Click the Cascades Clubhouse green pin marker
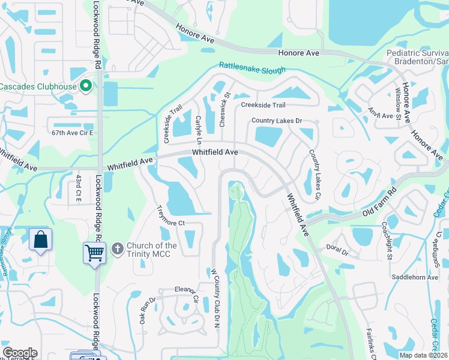[85, 86]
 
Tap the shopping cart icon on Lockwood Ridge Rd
[94, 252]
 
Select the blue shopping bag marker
[40, 239]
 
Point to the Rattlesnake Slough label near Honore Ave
[252, 68]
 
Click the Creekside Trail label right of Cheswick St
[263, 105]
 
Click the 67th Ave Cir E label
[73, 132]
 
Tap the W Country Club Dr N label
[213, 298]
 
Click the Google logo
[20, 353]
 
